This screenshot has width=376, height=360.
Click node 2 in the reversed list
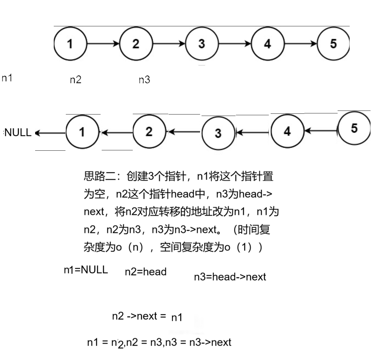[148, 132]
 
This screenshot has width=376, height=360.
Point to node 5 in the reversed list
[353, 128]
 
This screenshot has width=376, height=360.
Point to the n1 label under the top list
[7, 78]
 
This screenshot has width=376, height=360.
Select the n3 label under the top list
[144, 80]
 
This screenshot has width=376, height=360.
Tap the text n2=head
[146, 272]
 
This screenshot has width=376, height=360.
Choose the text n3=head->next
[230, 277]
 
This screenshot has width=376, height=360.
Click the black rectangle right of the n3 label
[309, 85]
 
